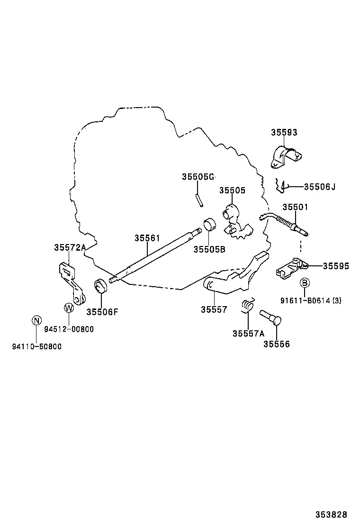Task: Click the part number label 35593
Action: tap(284, 133)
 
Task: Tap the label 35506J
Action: tap(319, 187)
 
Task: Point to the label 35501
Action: tap(295, 207)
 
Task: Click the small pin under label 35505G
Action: tap(199, 199)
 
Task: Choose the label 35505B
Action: tap(209, 249)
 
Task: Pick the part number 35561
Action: tap(147, 238)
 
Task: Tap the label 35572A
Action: tap(70, 247)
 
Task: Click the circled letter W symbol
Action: tap(69, 308)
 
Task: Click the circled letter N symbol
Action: tap(36, 321)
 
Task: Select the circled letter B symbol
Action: tap(305, 283)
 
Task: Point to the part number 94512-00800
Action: tap(69, 329)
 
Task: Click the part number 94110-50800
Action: tap(36, 346)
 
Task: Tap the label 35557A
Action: tap(248, 333)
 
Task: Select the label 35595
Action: tap(336, 266)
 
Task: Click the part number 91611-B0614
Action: tap(305, 300)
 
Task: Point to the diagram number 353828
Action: tap(332, 514)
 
